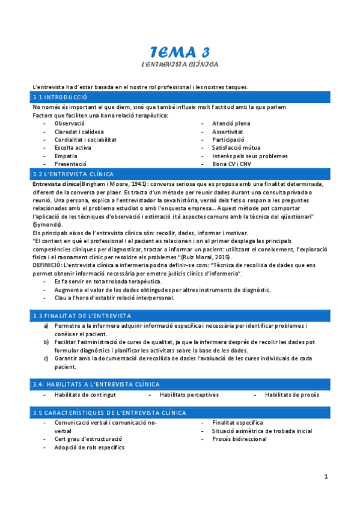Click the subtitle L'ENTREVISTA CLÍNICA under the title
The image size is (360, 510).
[x=180, y=64]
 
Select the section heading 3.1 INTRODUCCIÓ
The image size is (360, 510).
[x=60, y=97]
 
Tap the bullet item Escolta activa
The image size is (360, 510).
[x=73, y=147]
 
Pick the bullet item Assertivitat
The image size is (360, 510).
[x=228, y=131]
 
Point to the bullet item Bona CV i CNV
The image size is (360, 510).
[x=232, y=164]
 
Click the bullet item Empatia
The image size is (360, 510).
[x=66, y=156]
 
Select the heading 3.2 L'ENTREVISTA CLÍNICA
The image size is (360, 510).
[x=72, y=174]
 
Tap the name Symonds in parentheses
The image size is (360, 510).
[x=47, y=224]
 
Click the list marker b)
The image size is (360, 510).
[x=46, y=342]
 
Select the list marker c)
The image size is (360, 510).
[x=46, y=358]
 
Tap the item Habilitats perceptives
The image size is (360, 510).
[x=189, y=395]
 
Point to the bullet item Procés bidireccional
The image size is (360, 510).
[x=239, y=439]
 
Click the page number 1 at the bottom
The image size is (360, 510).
[x=326, y=477]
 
